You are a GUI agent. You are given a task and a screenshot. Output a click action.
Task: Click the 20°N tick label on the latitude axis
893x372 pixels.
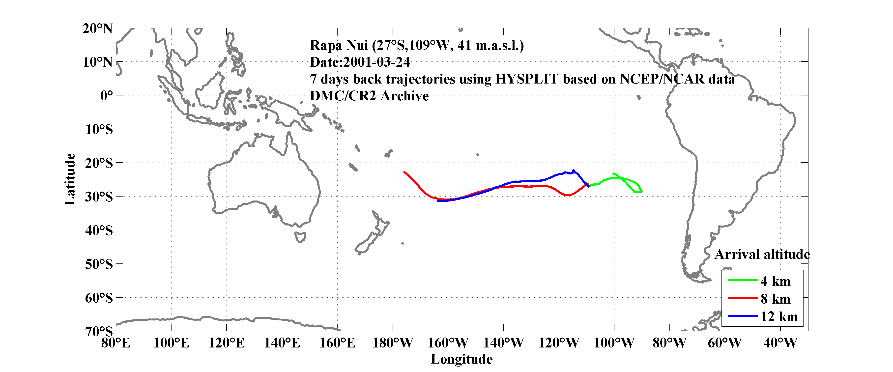pyautogui.click(x=97, y=29)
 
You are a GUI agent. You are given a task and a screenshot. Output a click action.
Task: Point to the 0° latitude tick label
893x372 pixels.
pyautogui.click(x=106, y=96)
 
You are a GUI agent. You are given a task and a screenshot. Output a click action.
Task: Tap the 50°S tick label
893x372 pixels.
pyautogui.click(x=99, y=264)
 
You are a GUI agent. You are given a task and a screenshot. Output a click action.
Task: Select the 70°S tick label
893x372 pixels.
pyautogui.click(x=99, y=331)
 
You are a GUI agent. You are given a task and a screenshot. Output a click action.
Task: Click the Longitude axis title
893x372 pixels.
pyautogui.click(x=461, y=359)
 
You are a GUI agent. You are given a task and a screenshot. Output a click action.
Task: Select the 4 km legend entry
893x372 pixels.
pyautogui.click(x=776, y=281)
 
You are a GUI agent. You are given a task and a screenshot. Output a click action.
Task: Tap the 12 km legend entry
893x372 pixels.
pyautogui.click(x=779, y=316)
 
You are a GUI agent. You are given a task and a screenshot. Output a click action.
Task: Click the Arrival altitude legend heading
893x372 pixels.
pyautogui.click(x=762, y=255)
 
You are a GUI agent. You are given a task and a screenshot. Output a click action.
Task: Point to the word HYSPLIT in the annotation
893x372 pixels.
pyautogui.click(x=526, y=79)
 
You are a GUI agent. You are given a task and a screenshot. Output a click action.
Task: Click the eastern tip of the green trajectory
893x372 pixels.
pyautogui.click(x=641, y=191)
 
